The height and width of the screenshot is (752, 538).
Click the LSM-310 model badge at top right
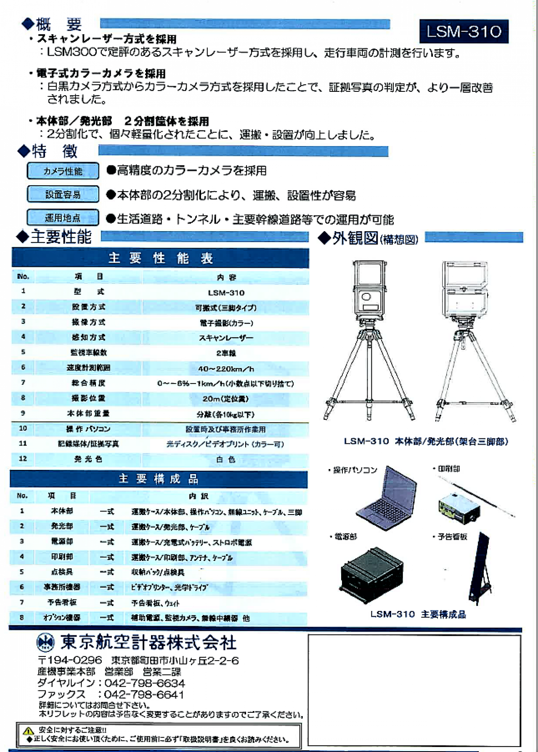click(x=464, y=32)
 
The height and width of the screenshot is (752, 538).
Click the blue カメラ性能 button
click(x=63, y=171)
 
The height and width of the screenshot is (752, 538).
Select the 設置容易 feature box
click(x=63, y=195)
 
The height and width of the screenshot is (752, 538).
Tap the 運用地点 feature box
click(x=63, y=218)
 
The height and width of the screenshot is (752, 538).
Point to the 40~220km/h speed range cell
click(x=226, y=369)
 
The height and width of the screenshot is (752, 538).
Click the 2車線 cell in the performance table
click(x=226, y=353)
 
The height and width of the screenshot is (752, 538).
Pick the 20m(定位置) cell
click(x=226, y=399)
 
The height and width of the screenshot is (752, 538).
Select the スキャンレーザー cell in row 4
click(x=226, y=338)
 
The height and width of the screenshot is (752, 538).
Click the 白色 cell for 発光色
click(x=226, y=459)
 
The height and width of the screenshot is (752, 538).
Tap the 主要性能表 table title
click(x=160, y=258)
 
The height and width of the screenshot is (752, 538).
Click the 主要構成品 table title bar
click(x=159, y=479)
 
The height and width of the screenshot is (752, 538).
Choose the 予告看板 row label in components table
click(x=62, y=603)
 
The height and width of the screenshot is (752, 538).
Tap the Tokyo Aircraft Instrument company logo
click(x=46, y=643)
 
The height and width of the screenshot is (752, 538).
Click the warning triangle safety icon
click(x=29, y=730)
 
